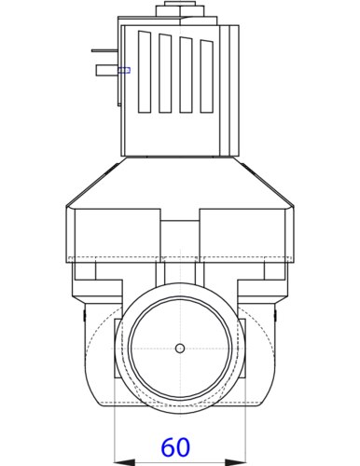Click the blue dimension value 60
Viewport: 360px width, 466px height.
point(175,447)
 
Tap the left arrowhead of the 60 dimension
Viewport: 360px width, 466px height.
point(125,462)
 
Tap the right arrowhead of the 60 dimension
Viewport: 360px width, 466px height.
point(235,462)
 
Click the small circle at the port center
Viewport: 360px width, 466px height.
point(180,349)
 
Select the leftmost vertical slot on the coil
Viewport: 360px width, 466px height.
point(145,72)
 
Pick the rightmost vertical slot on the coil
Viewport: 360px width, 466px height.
point(207,76)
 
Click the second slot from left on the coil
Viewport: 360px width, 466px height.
point(165,73)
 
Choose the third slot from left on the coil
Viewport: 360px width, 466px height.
point(186,75)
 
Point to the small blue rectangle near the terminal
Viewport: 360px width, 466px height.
point(124,70)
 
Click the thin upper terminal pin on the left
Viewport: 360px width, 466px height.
point(104,50)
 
